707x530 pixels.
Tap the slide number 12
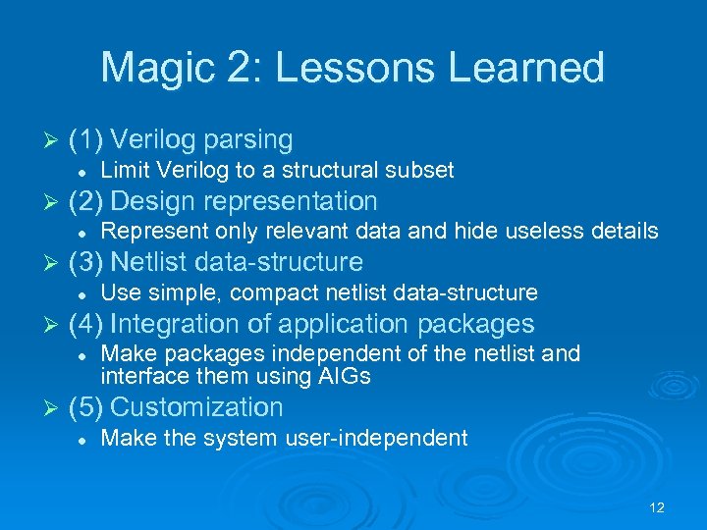coord(657,507)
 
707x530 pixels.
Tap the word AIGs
coord(346,375)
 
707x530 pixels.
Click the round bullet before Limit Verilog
coord(85,172)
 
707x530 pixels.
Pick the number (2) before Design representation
coord(86,201)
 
